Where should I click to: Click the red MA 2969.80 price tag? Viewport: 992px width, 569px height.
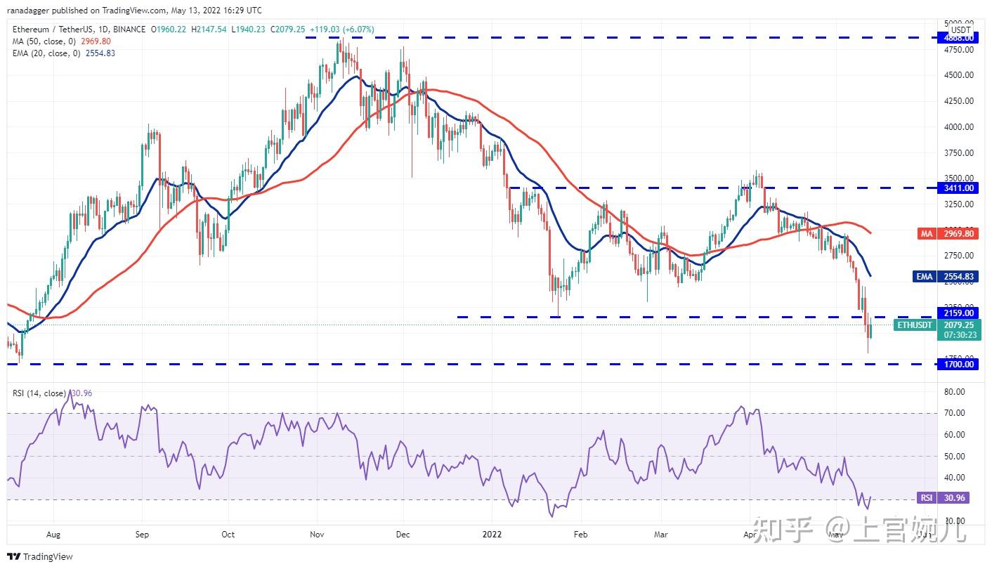[x=945, y=234]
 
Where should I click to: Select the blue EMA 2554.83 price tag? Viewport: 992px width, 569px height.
[x=945, y=277]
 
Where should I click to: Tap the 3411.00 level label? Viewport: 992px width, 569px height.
[x=958, y=188]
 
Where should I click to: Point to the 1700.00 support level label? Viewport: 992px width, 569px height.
[x=958, y=364]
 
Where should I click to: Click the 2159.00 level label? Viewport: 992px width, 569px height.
[x=958, y=313]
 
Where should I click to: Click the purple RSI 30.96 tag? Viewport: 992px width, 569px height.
[x=944, y=498]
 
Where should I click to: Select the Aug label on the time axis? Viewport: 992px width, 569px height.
[x=53, y=535]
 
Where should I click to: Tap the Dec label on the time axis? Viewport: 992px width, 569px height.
[x=403, y=535]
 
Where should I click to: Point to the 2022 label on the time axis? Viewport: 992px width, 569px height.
[x=491, y=535]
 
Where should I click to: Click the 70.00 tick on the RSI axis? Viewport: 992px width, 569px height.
[x=955, y=413]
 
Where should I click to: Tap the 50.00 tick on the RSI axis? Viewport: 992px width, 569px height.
[x=955, y=456]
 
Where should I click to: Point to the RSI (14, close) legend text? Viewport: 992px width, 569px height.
[x=39, y=393]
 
